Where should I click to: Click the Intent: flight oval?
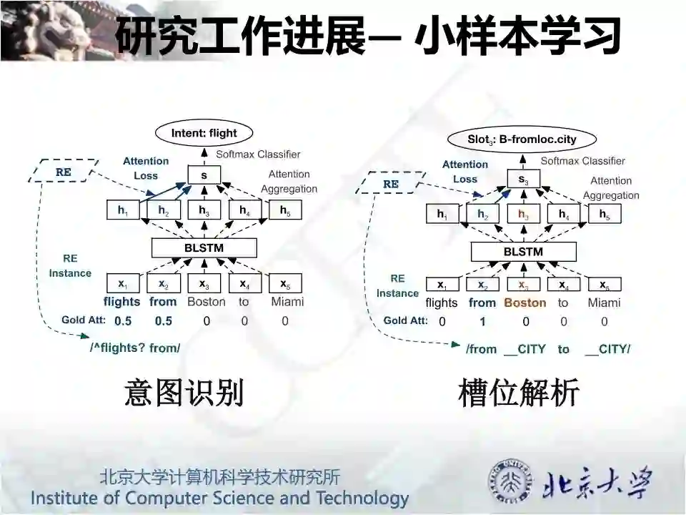tap(204, 132)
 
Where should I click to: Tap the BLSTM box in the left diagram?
tap(204, 247)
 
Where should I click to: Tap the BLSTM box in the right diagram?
tap(523, 252)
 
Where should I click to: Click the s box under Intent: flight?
tap(204, 175)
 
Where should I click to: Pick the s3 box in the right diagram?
tap(524, 180)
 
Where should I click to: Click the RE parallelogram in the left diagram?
tap(63, 172)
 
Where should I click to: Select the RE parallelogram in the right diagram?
tap(390, 184)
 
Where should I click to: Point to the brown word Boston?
tap(525, 303)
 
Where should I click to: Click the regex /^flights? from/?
tap(135, 348)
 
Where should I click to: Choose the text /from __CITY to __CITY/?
tap(548, 349)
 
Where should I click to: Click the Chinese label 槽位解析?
tap(519, 394)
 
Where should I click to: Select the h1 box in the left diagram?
tap(122, 210)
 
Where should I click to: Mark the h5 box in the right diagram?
tap(605, 214)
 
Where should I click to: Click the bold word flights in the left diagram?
tap(122, 302)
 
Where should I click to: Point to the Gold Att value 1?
tap(482, 322)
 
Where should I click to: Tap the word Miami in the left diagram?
tap(287, 302)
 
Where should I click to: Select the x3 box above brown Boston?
tap(524, 285)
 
